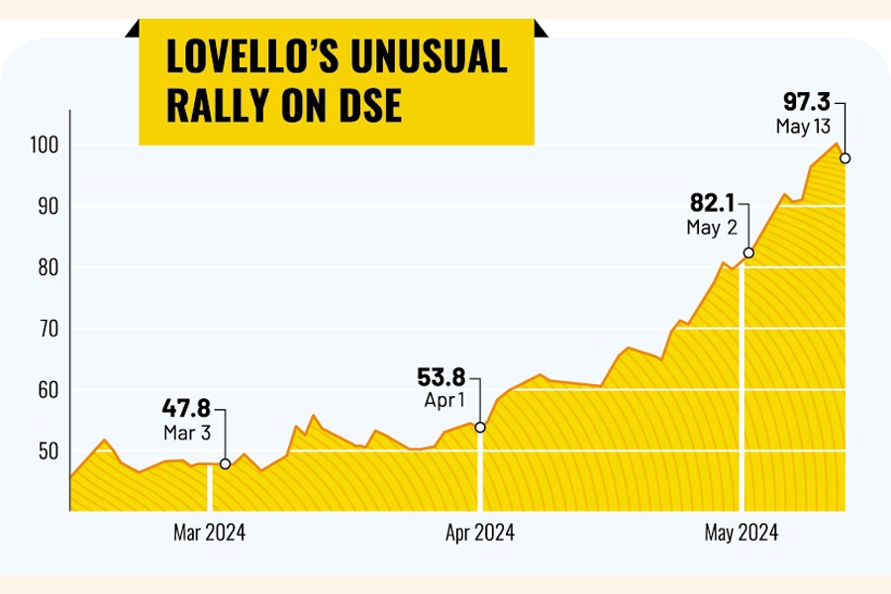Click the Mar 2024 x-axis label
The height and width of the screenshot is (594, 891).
click(x=209, y=534)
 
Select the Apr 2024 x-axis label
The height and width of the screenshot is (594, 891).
click(x=479, y=534)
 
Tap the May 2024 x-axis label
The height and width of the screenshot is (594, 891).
click(x=742, y=534)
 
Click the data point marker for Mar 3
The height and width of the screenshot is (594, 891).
click(x=226, y=463)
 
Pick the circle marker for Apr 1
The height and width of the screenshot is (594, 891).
click(x=480, y=428)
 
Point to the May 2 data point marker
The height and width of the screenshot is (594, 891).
click(x=748, y=253)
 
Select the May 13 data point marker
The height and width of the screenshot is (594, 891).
click(x=844, y=158)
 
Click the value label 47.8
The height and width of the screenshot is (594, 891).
click(x=185, y=407)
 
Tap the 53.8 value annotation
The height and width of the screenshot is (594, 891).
click(x=441, y=377)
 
